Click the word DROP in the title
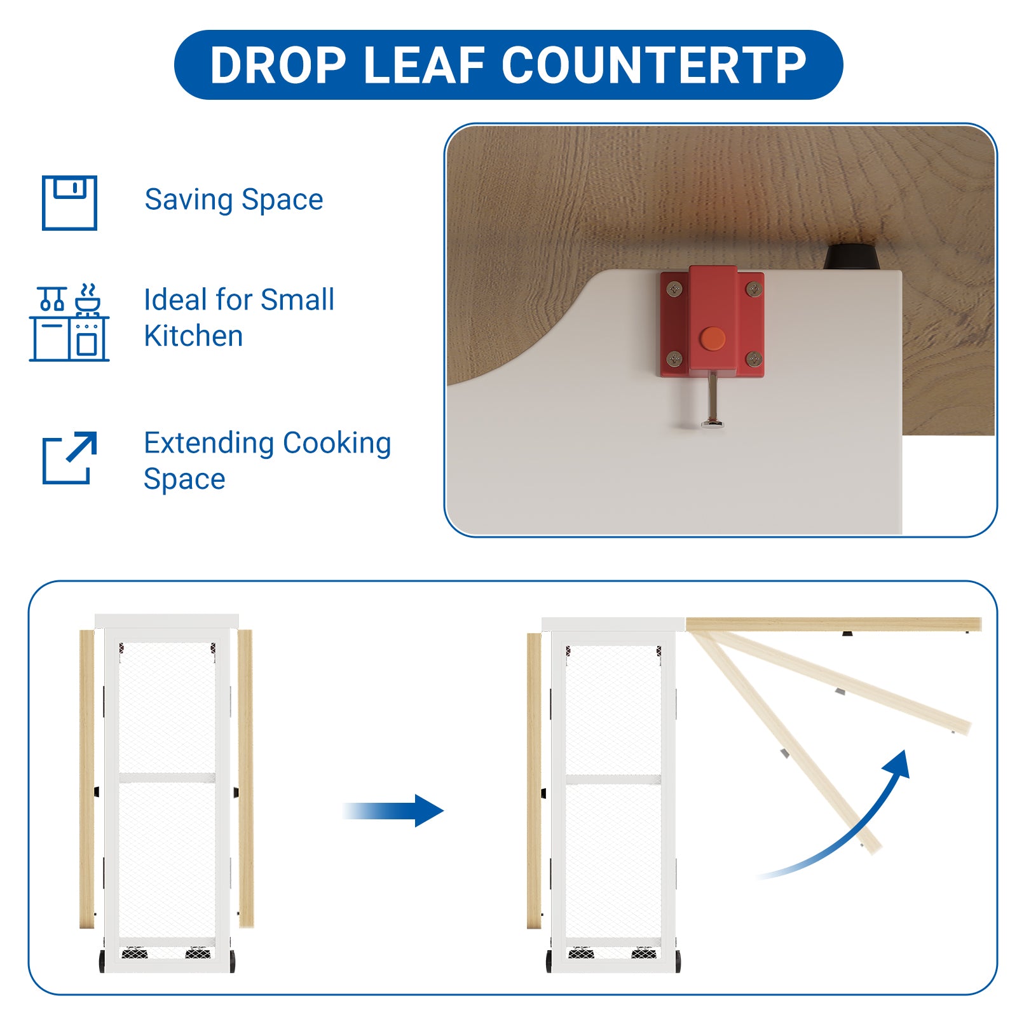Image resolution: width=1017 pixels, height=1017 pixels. [x=278, y=65]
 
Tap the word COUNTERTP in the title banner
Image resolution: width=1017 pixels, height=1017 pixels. [x=654, y=65]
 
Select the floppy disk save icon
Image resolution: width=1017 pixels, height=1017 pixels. [x=69, y=203]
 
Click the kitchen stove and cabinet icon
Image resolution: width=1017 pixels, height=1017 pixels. [x=69, y=323]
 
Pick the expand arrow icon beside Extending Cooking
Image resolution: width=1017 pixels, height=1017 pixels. [x=69, y=458]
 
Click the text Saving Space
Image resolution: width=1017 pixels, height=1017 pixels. [x=234, y=200]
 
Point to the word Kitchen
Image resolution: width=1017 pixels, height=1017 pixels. [x=193, y=336]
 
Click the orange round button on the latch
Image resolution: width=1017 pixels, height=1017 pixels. [x=713, y=339]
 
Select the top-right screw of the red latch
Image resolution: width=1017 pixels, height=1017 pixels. [x=754, y=289]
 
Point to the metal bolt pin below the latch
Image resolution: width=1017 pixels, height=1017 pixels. [x=713, y=400]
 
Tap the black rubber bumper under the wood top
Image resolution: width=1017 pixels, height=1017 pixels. [x=851, y=256]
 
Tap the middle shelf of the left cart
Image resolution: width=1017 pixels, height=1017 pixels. [x=167, y=777]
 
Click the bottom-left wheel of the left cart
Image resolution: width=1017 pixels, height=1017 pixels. [x=102, y=961]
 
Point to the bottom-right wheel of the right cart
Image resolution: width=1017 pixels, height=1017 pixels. [x=678, y=961]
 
